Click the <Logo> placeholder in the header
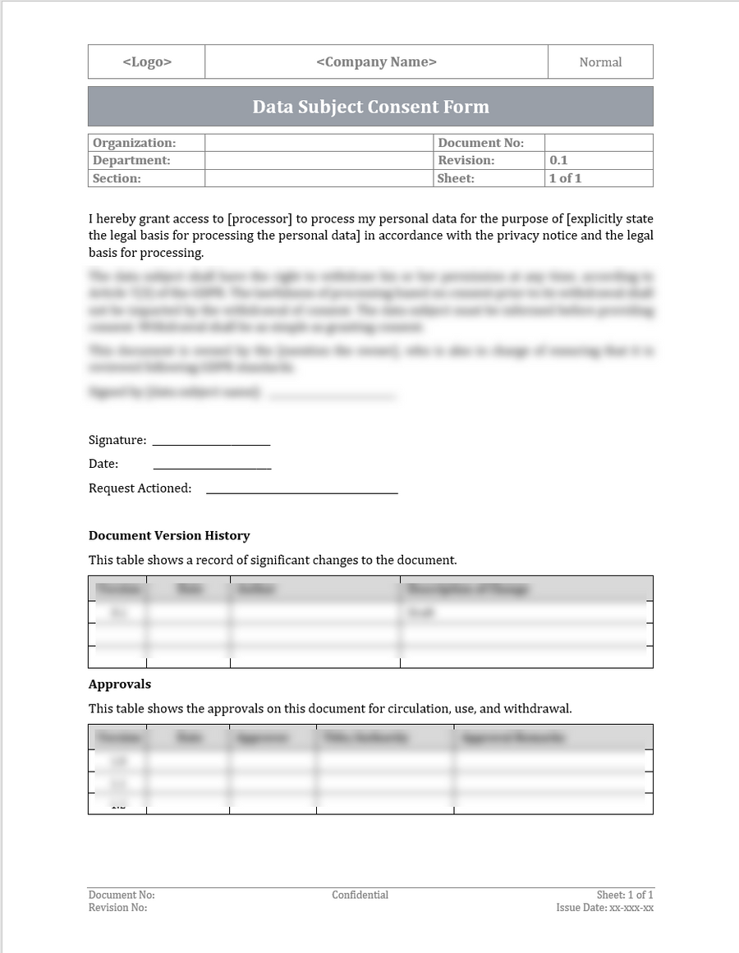pyautogui.click(x=147, y=62)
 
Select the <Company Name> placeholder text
pyautogui.click(x=376, y=62)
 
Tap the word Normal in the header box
pyautogui.click(x=600, y=62)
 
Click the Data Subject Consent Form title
pyautogui.click(x=370, y=107)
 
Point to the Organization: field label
pyautogui.click(x=134, y=143)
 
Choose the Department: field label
pyautogui.click(x=131, y=160)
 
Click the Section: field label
pyautogui.click(x=117, y=178)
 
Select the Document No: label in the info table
pyautogui.click(x=480, y=143)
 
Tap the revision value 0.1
pyautogui.click(x=558, y=160)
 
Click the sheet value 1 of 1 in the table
pyautogui.click(x=565, y=178)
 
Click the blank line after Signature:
pyautogui.click(x=211, y=444)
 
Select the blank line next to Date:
pyautogui.click(x=212, y=468)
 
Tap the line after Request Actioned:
pyautogui.click(x=301, y=492)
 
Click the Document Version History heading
pyautogui.click(x=169, y=536)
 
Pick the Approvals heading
pyautogui.click(x=120, y=685)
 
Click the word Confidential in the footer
pyautogui.click(x=360, y=895)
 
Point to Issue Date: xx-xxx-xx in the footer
pyautogui.click(x=604, y=908)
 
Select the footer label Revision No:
pyautogui.click(x=117, y=908)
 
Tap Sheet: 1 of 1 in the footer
pyautogui.click(x=625, y=895)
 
